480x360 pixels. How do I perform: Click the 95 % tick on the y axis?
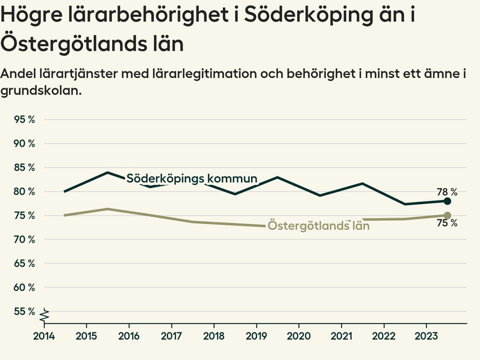(24, 120)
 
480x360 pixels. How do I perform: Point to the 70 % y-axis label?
(24, 239)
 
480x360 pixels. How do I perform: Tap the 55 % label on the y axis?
(24, 312)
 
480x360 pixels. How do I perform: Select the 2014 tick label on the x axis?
(44, 336)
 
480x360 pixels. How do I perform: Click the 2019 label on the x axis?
(256, 336)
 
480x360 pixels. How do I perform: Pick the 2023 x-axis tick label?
(426, 336)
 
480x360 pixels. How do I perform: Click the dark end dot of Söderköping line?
(447, 201)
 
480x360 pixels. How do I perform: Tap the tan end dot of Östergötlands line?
(447, 215)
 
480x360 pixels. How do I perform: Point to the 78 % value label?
(447, 192)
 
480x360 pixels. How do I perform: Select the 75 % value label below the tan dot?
(447, 223)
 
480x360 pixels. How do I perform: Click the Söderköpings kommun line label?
(192, 178)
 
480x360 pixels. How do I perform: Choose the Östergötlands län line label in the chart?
(318, 225)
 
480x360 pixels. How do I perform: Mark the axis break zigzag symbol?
(45, 315)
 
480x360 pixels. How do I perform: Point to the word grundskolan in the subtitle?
(41, 90)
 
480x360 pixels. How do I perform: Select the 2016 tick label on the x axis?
(129, 336)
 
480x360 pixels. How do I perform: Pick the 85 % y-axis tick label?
(24, 168)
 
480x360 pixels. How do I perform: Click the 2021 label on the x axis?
(341, 336)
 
